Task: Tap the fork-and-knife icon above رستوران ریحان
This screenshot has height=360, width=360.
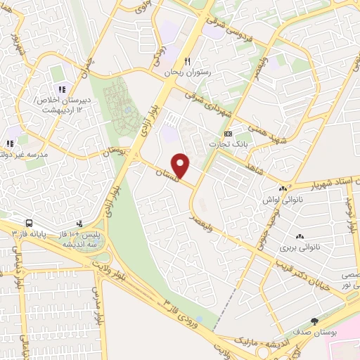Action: coord(187,61)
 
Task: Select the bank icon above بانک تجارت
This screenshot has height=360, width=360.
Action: coord(227,133)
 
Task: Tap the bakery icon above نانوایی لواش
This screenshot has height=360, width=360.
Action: coord(283,188)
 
